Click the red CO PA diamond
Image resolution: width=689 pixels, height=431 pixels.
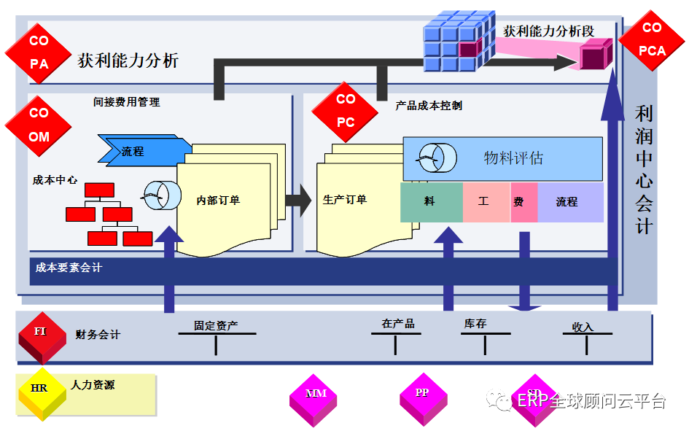coord(39,53)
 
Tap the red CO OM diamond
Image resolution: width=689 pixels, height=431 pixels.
coord(39,125)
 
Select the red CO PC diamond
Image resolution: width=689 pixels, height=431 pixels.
coord(346,111)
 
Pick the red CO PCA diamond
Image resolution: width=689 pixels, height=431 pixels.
coord(652,39)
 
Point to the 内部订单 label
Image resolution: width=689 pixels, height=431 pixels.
coord(218,200)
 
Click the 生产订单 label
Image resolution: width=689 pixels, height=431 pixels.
coord(345,199)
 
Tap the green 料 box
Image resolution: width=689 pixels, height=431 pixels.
coord(431,202)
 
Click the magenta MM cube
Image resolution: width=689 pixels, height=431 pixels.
coord(316,397)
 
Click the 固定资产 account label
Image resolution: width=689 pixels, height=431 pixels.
coord(216,326)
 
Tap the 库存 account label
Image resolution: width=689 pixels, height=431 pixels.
coord(475,324)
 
